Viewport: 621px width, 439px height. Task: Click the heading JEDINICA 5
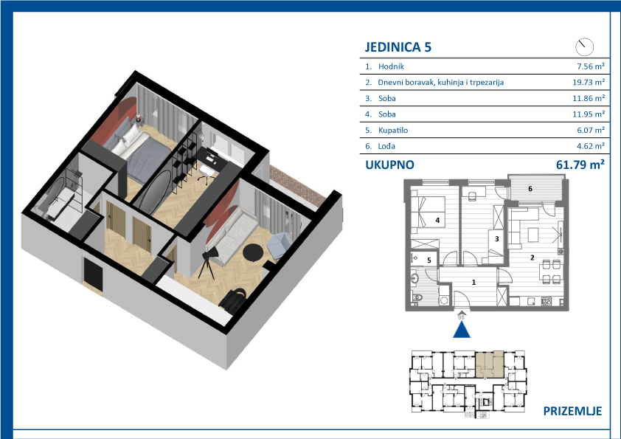398,46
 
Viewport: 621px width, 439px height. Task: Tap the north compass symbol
584,46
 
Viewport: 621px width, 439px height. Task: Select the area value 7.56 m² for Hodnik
591,66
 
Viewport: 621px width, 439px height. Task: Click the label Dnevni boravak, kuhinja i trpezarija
441,83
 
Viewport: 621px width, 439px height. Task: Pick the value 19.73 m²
589,83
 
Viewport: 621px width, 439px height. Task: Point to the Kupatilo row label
393,130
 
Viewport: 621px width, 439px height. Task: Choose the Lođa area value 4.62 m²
591,146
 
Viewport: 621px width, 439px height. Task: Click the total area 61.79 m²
580,165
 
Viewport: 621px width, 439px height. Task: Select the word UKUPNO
389,165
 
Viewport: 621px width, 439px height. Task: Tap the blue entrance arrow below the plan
462,330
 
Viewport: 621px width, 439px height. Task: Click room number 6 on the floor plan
530,189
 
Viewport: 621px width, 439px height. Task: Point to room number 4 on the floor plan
437,220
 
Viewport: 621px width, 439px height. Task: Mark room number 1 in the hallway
473,282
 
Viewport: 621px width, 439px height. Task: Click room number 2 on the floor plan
532,257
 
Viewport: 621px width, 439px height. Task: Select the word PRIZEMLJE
572,411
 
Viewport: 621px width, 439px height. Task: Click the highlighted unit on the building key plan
490,364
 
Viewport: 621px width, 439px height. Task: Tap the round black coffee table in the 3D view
252,252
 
